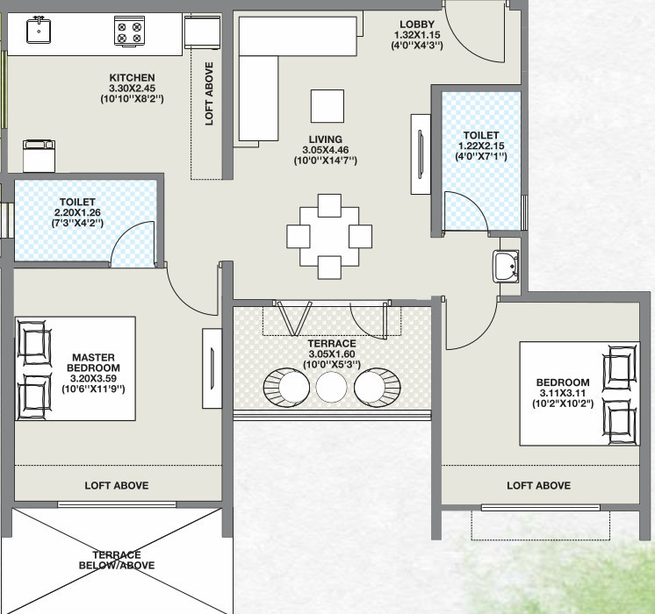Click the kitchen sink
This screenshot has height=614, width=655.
point(39,31)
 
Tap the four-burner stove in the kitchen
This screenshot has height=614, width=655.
point(129,31)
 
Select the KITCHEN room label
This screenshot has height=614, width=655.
point(132,78)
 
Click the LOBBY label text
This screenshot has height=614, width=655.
point(417,25)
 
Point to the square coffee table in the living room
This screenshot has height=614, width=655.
point(327,106)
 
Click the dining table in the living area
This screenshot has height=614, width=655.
point(329,237)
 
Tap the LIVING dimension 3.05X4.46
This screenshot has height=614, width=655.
point(326,150)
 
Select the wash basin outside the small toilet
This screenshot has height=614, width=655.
point(507,267)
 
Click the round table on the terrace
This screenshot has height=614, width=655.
point(331,387)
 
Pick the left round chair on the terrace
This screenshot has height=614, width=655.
point(286,388)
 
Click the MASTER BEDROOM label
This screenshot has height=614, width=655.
point(93,363)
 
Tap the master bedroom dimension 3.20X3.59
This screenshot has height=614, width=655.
point(93,379)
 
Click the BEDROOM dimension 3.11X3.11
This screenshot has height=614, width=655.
point(563,393)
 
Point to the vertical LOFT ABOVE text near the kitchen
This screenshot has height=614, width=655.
point(209,94)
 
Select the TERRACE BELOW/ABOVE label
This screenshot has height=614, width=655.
point(117,560)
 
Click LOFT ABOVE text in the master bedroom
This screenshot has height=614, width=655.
point(117,485)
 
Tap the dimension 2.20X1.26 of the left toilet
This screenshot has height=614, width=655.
point(77,212)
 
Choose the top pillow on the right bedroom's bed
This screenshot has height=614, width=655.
point(620,368)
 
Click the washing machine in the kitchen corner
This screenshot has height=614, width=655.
point(39,156)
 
